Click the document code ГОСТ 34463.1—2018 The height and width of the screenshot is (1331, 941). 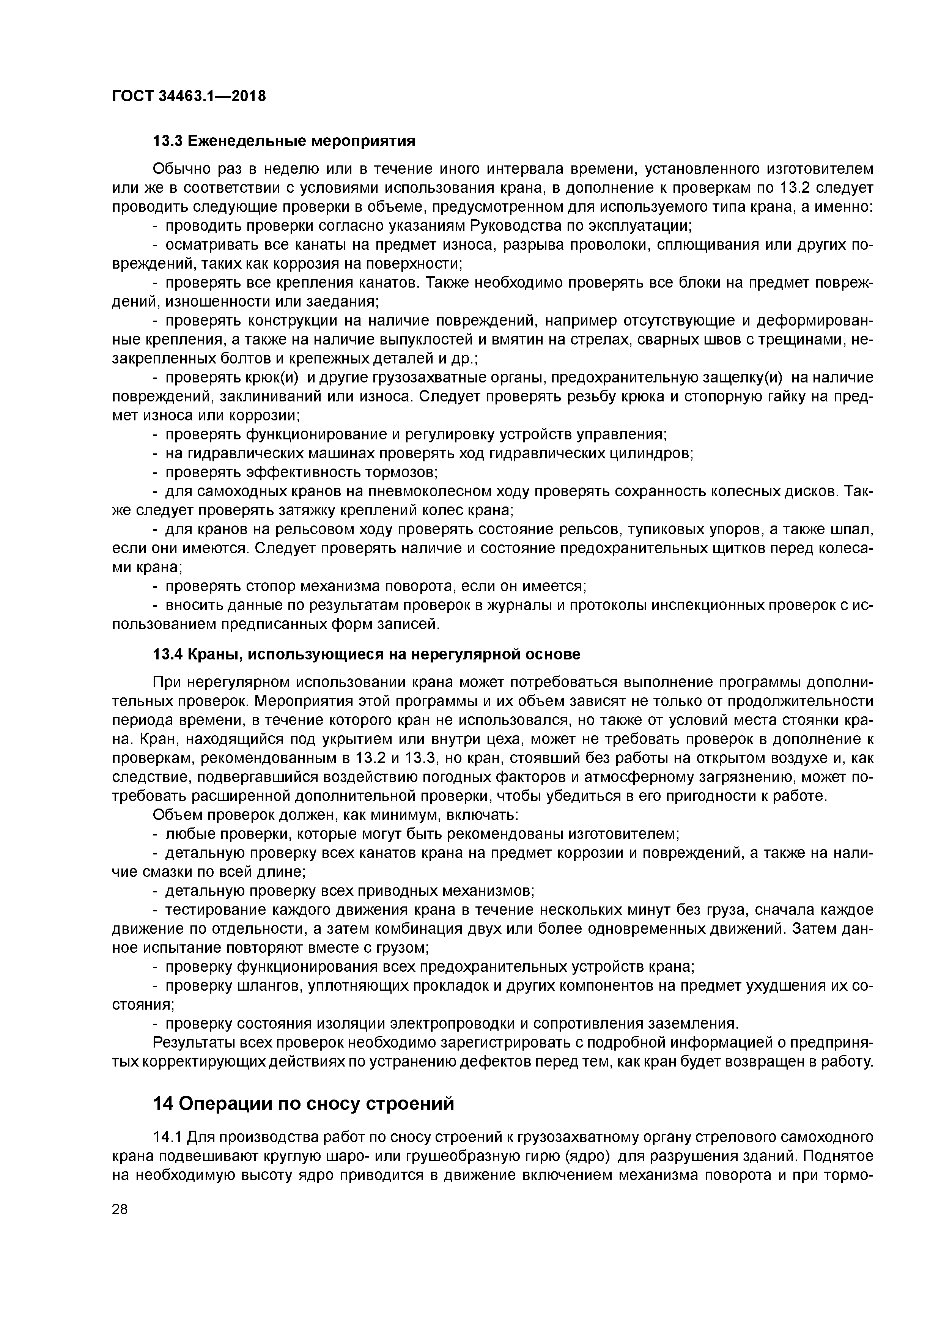pos(189,96)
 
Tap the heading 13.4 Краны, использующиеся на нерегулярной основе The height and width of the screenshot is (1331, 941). pos(366,654)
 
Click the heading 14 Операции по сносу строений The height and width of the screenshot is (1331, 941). pos(303,1104)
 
